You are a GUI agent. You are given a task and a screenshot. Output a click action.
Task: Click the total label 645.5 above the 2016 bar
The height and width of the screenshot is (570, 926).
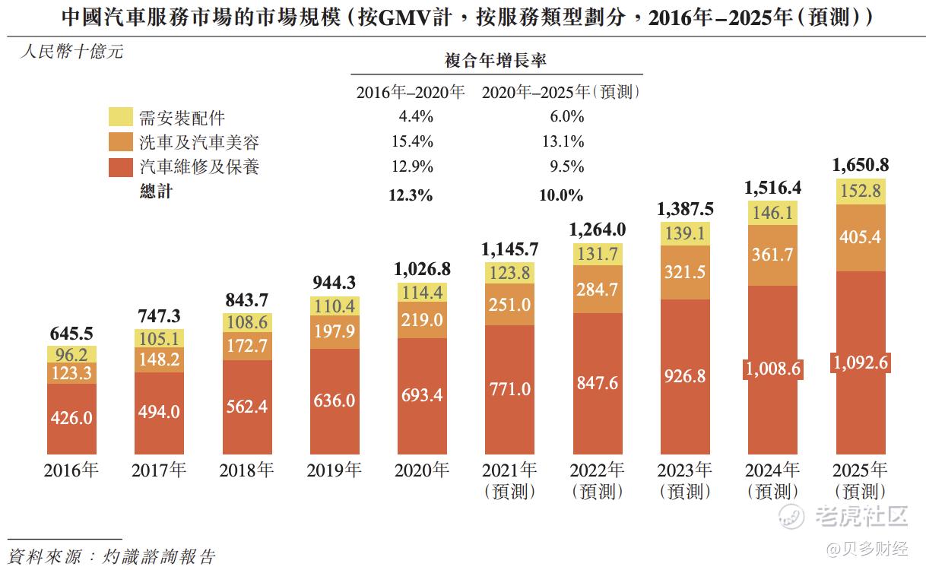tap(71, 334)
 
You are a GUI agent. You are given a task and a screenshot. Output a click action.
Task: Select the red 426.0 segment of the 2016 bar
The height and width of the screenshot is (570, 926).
tap(71, 417)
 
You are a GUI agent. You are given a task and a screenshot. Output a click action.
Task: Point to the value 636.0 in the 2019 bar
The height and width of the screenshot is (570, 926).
tap(335, 400)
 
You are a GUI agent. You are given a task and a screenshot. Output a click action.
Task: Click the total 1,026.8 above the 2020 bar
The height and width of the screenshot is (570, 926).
tap(422, 269)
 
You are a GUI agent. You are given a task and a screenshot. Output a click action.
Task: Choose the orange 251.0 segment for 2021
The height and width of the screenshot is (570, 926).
tap(509, 305)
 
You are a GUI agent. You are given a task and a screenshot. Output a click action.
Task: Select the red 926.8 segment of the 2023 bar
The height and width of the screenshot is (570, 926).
tap(685, 375)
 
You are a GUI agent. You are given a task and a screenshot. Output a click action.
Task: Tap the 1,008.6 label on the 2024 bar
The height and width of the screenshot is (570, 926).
tap(772, 369)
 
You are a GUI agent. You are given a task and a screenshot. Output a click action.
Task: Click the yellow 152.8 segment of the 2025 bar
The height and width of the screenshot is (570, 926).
tap(860, 192)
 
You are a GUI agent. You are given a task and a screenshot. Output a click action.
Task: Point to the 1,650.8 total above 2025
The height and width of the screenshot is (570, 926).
tap(860, 165)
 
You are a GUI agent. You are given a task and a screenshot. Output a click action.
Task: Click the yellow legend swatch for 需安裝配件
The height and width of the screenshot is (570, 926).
tap(120, 117)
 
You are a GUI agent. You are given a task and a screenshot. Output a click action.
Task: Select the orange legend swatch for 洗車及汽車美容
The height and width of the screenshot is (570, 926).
tap(120, 141)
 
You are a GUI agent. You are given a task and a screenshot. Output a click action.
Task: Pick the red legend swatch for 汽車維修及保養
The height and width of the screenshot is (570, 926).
tap(120, 166)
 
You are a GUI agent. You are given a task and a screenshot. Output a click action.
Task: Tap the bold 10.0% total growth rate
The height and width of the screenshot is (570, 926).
tap(561, 195)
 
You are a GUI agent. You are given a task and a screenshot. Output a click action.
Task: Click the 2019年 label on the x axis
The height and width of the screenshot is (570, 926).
tap(335, 470)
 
